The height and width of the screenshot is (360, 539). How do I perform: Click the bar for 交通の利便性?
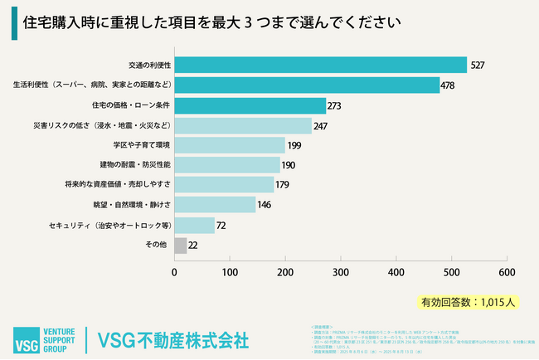[320, 65]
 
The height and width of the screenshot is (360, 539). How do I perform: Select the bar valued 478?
[307, 85]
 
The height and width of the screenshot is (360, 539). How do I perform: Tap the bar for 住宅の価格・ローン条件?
[250, 105]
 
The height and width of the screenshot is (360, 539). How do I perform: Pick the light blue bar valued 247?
[243, 125]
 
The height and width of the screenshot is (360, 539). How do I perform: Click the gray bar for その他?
[180, 245]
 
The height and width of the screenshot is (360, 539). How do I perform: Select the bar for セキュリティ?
[194, 225]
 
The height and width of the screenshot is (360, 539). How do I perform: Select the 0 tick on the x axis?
[174, 271]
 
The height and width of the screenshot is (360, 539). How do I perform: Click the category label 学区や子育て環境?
[140, 145]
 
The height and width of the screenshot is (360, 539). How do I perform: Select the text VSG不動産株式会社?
[172, 340]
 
